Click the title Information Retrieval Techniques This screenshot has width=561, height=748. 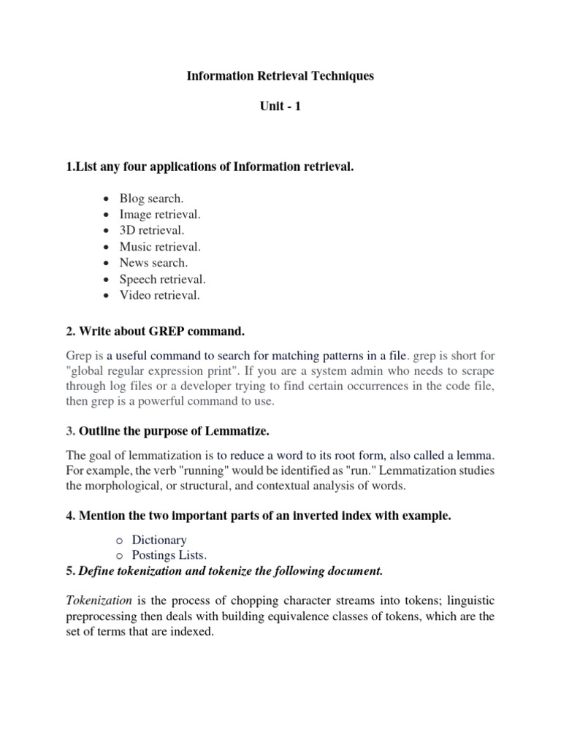[280, 76]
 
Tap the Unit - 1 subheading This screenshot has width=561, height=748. [280, 107]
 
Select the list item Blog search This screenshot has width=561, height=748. [152, 199]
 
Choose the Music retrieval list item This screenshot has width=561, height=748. [160, 247]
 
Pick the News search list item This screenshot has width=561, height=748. [153, 263]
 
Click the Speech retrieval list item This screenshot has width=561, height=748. [163, 279]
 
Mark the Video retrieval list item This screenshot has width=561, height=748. [159, 295]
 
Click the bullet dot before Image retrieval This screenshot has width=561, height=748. [107, 215]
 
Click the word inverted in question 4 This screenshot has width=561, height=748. [318, 516]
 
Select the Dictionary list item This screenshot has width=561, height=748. [159, 540]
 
